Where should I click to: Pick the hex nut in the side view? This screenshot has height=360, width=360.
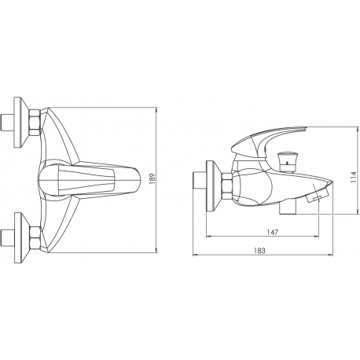point(226,186)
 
